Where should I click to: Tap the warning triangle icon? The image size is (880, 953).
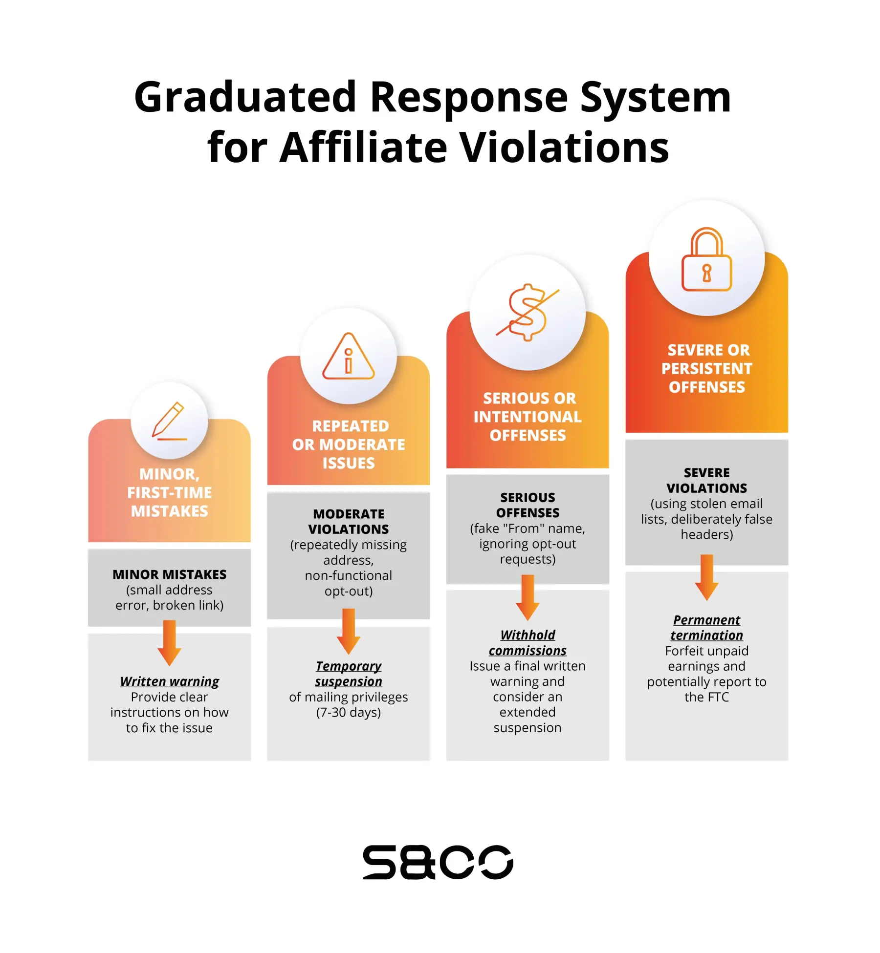[348, 357]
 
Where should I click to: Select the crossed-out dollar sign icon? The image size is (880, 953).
[528, 312]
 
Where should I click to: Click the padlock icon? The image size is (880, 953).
[706, 259]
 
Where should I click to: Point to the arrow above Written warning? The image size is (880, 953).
[169, 643]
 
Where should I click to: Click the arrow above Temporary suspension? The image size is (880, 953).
[349, 632]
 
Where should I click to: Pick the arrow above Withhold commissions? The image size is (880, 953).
[528, 597]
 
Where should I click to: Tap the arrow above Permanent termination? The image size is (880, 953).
[706, 577]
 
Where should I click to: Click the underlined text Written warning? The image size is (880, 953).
[170, 681]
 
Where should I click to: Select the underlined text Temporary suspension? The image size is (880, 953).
[349, 674]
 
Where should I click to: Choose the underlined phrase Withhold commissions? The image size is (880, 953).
[528, 642]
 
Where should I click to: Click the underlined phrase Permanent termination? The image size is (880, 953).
[706, 627]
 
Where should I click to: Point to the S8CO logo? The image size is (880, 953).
[438, 862]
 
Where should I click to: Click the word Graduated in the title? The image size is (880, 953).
[245, 97]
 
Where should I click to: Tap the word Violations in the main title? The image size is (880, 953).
[565, 148]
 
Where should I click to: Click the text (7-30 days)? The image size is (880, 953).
[349, 712]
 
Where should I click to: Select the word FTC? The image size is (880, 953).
[717, 697]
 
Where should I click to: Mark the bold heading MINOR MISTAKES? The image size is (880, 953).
[170, 574]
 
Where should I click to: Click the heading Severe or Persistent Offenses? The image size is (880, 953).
[707, 368]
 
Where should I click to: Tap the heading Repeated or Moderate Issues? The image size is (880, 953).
[349, 445]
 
